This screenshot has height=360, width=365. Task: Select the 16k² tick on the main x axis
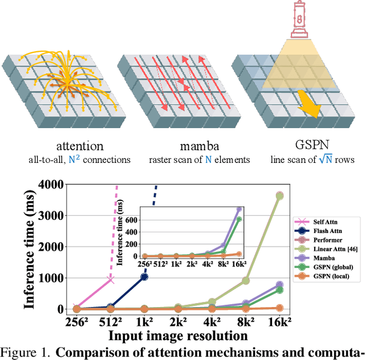pyautogui.click(x=279, y=323)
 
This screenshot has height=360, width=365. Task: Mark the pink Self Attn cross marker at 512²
pyautogui.click(x=110, y=280)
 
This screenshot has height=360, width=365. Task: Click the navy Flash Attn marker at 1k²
pyautogui.click(x=144, y=277)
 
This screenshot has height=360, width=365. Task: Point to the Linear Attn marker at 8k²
pyautogui.click(x=246, y=281)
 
